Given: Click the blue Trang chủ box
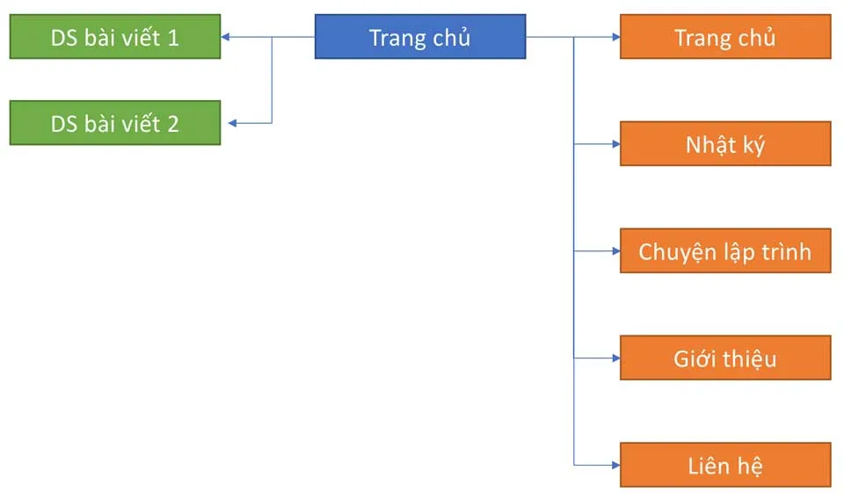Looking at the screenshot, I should click(x=420, y=37).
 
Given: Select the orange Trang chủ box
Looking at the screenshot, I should click(x=725, y=37).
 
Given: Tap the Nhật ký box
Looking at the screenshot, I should click(x=725, y=144).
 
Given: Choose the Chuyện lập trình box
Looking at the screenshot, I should click(x=725, y=251).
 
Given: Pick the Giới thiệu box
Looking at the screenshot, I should click(x=725, y=358).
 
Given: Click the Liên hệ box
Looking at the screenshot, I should click(x=725, y=465).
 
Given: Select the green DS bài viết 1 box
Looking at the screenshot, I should click(x=114, y=37).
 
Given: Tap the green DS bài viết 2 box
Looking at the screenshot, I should click(x=114, y=123).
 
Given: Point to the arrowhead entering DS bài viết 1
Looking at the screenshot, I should click(x=226, y=37).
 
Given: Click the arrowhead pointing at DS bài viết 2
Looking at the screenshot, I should click(x=226, y=123).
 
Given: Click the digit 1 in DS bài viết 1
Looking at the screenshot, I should click(x=172, y=38).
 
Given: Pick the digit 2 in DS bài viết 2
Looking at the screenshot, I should click(x=172, y=124).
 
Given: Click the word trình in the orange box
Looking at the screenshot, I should click(x=785, y=252).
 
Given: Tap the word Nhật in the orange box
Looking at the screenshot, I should click(x=709, y=144).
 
